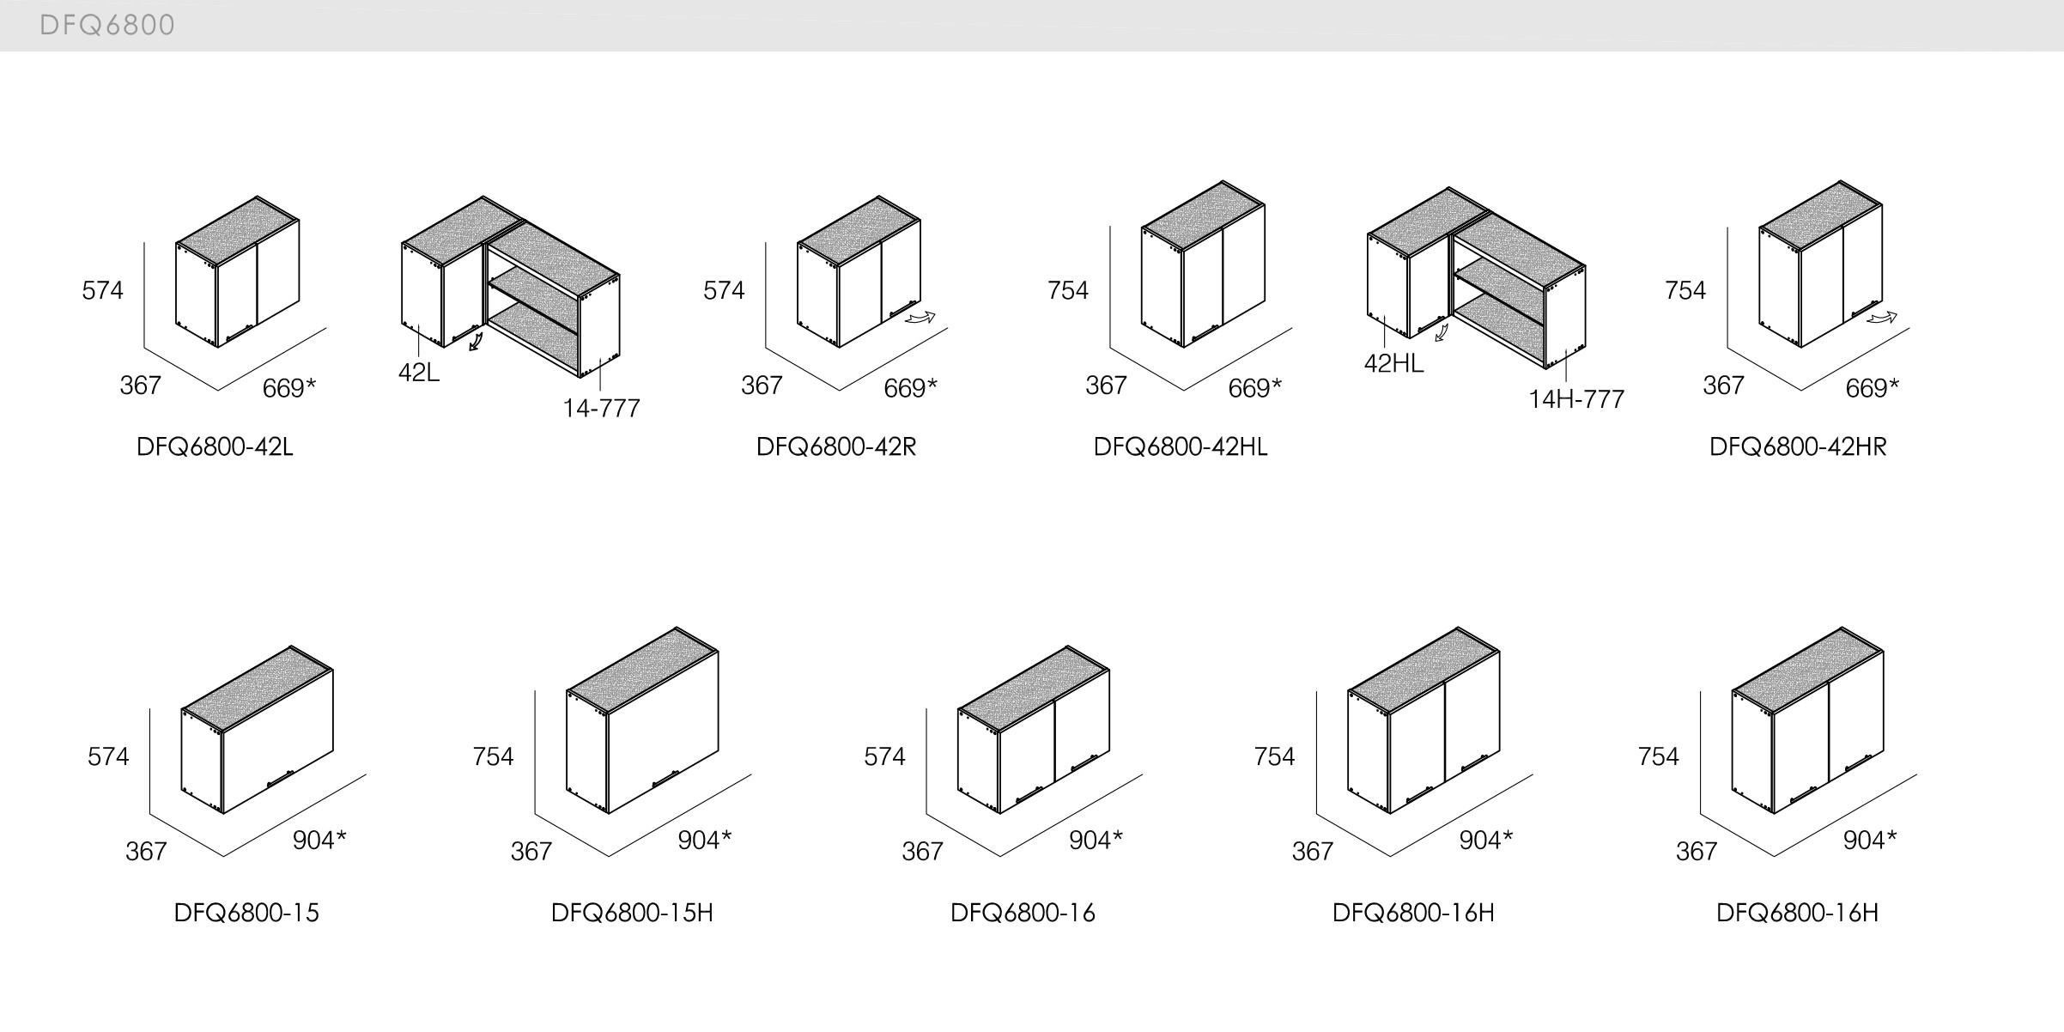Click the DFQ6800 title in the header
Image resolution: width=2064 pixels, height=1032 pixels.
click(x=107, y=26)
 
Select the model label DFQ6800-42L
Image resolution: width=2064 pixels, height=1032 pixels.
click(x=215, y=447)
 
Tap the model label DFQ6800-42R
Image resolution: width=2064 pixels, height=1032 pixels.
click(x=835, y=447)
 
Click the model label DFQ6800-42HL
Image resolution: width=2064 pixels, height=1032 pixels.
click(x=1181, y=447)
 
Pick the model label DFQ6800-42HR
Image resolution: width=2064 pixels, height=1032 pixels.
click(x=1798, y=447)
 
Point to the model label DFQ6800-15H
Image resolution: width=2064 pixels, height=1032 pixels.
click(x=632, y=913)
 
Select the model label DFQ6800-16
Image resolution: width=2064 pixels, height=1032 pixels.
click(x=1023, y=913)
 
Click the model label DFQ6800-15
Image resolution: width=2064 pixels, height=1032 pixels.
click(x=246, y=913)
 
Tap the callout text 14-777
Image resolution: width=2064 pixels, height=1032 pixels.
click(x=601, y=409)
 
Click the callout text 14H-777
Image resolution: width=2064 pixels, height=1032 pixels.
click(x=1576, y=400)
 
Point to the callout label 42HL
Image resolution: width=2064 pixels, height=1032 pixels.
click(x=1393, y=364)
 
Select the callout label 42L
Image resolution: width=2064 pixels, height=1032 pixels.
click(x=419, y=373)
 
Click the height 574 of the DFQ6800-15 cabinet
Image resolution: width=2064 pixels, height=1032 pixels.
click(x=108, y=756)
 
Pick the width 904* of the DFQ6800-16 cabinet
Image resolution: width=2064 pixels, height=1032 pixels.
click(x=1096, y=841)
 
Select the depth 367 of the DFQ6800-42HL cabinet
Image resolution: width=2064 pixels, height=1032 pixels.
click(x=1106, y=385)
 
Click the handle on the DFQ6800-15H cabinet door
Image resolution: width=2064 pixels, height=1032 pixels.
click(x=665, y=779)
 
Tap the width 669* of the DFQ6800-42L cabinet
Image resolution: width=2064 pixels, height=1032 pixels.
click(x=288, y=389)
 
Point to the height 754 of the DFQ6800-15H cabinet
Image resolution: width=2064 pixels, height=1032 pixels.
click(x=493, y=756)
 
